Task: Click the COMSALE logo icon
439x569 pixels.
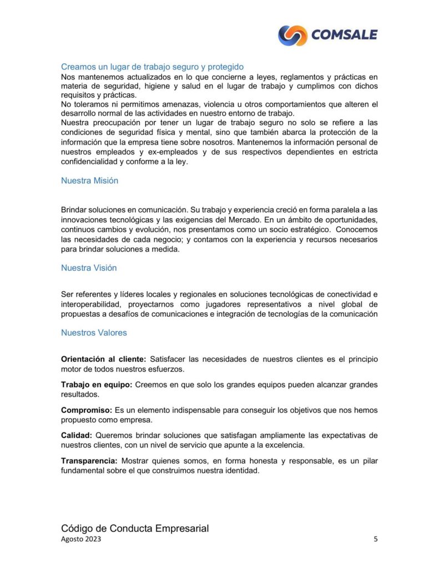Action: (292, 35)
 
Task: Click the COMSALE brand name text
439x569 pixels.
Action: (344, 35)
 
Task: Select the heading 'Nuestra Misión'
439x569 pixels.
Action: (89, 181)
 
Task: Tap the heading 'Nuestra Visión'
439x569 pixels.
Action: (89, 268)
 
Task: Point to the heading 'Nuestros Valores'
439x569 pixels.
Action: (94, 333)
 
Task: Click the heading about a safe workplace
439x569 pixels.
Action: (152, 67)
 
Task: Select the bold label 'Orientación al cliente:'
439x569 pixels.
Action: (103, 360)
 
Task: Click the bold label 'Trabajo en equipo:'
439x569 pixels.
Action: (96, 385)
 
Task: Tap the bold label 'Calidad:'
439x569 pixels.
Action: (76, 435)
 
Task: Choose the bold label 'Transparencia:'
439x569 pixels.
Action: (89, 461)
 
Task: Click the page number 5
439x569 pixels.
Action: (376, 539)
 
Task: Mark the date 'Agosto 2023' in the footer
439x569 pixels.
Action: (81, 539)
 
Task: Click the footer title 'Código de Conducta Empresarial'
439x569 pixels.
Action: (135, 528)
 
